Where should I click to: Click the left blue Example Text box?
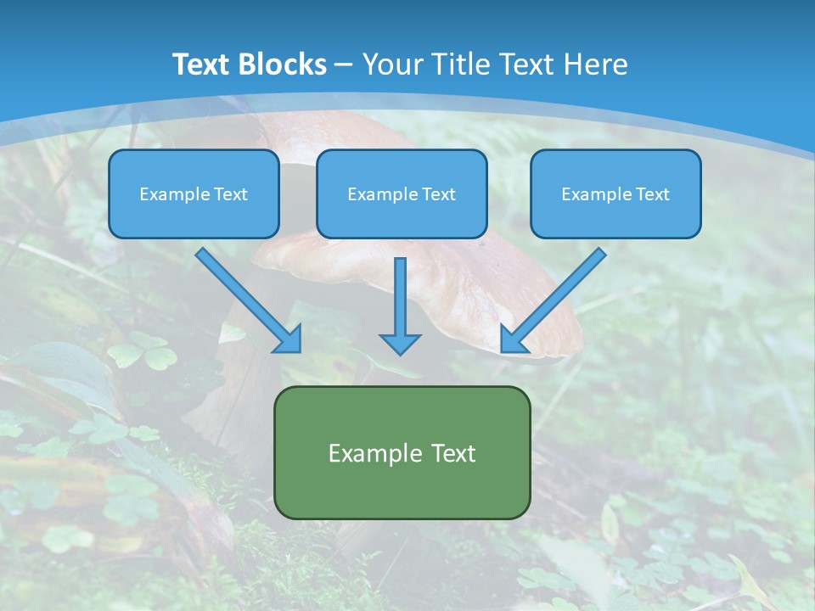tap(194, 193)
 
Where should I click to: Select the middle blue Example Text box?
tap(402, 193)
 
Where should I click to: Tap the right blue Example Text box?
tap(615, 193)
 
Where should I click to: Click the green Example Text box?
tap(402, 452)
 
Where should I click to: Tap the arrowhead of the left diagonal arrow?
tap(289, 339)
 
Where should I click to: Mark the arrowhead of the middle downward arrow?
tap(400, 344)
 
